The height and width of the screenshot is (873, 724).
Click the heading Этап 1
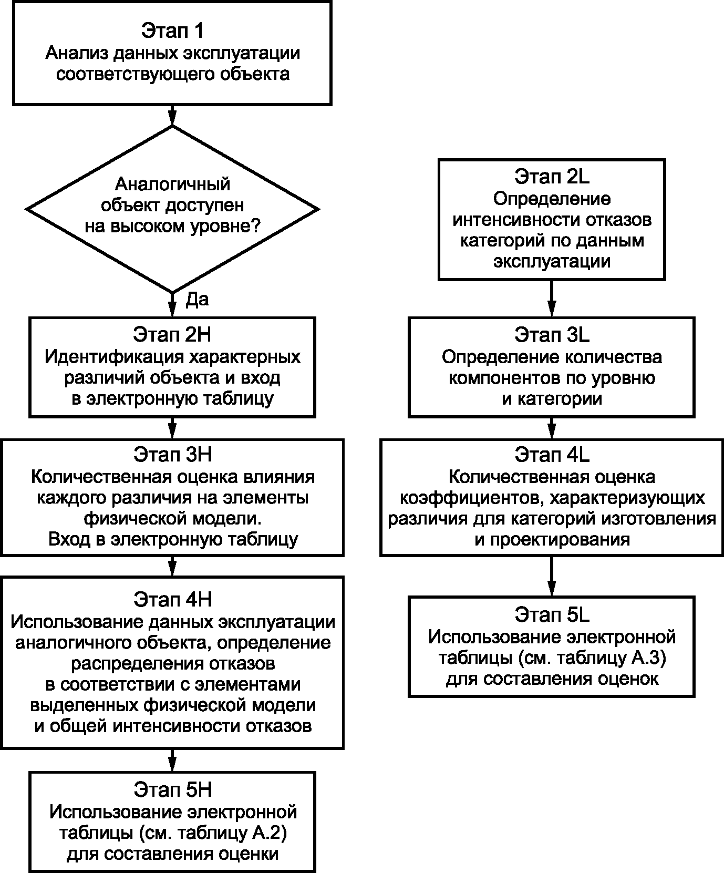tap(172, 31)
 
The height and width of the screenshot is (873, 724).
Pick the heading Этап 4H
tap(172, 599)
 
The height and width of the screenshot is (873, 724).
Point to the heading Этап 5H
tap(172, 790)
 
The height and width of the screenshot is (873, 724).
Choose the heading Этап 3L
tap(552, 334)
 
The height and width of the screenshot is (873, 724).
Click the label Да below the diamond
tap(198, 299)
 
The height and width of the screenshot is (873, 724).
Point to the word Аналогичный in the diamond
tap(172, 184)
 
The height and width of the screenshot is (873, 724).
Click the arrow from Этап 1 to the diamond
tap(172, 116)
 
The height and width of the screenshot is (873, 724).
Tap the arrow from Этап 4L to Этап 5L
tap(552, 576)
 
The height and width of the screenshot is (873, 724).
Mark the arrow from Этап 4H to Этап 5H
tap(172, 760)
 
